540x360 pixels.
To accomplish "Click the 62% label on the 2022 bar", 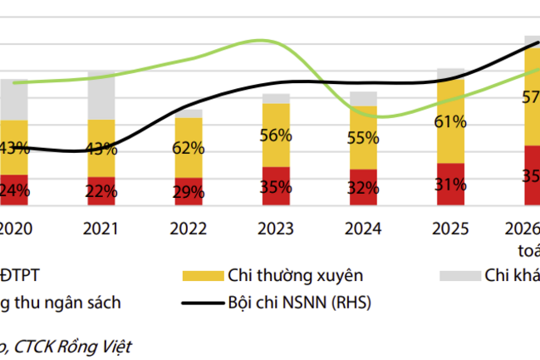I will pyautogui.click(x=189, y=148).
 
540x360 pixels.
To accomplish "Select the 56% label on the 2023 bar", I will pyautogui.click(x=276, y=136).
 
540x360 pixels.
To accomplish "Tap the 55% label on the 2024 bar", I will pyautogui.click(x=363, y=139).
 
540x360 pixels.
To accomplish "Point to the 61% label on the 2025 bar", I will pyautogui.click(x=449, y=122).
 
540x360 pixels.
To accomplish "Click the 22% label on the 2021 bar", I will pyautogui.click(x=101, y=190).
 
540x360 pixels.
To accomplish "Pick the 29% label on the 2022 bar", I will pyautogui.click(x=189, y=191).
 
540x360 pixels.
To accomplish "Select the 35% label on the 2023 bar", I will pyautogui.click(x=276, y=187).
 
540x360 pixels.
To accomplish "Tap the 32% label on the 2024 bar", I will pyautogui.click(x=363, y=188).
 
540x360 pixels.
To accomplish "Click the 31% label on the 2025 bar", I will pyautogui.click(x=449, y=185).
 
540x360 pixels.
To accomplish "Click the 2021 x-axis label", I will pyautogui.click(x=101, y=228).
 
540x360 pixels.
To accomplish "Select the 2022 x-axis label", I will pyautogui.click(x=189, y=228).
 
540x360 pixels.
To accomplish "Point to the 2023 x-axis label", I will pyautogui.click(x=276, y=228).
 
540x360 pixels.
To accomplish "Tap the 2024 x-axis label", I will pyautogui.click(x=363, y=228).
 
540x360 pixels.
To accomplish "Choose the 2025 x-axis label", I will pyautogui.click(x=449, y=228).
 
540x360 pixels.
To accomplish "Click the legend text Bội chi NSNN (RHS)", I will pyautogui.click(x=300, y=303).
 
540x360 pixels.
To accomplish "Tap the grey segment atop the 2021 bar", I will pyautogui.click(x=101, y=95).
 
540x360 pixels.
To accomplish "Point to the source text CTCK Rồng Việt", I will pyautogui.click(x=71, y=343).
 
